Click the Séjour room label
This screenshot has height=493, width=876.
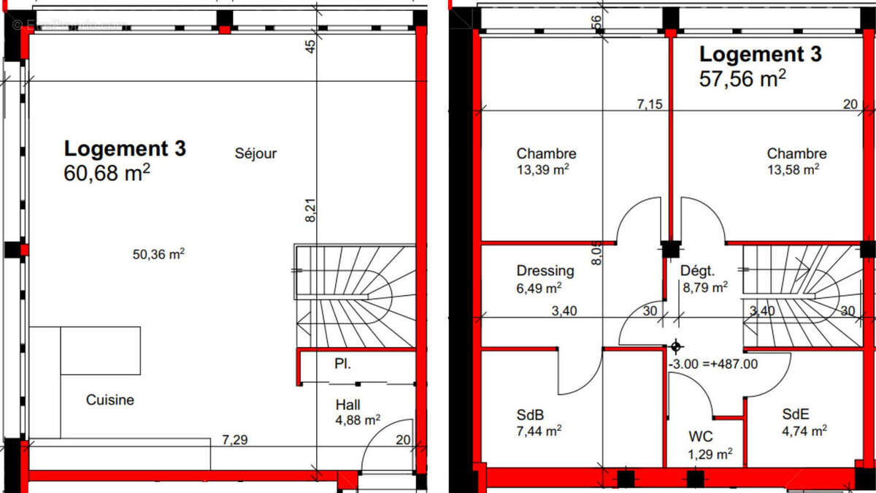(x=255, y=153)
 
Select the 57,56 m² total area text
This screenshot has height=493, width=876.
(x=743, y=79)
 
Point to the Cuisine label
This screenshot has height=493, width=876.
(x=110, y=400)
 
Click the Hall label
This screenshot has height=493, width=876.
(x=348, y=405)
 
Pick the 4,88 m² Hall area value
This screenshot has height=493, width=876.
(x=358, y=420)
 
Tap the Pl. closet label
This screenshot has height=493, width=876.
(x=342, y=363)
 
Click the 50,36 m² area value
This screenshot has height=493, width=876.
(x=158, y=255)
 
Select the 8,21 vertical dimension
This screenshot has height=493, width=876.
(x=310, y=209)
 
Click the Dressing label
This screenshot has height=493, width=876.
(x=545, y=271)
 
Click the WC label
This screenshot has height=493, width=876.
(x=701, y=438)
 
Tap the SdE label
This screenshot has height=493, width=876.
(x=794, y=414)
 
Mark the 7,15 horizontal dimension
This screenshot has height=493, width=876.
(x=649, y=104)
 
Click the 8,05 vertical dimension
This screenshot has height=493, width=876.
(x=596, y=253)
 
